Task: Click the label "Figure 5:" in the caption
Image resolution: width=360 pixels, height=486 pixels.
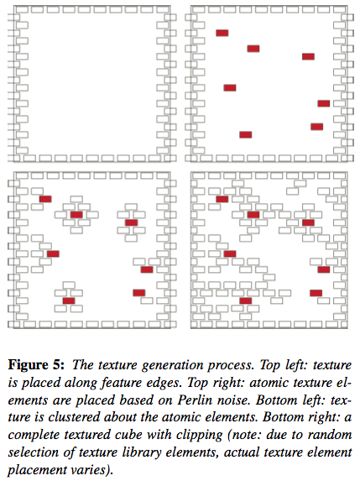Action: click(x=36, y=365)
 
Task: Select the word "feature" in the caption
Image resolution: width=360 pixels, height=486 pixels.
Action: click(x=122, y=383)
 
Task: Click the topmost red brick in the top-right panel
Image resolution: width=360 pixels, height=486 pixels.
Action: click(x=222, y=33)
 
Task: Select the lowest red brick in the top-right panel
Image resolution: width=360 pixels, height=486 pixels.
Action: click(x=245, y=134)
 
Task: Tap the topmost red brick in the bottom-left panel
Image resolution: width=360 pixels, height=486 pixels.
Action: click(x=45, y=199)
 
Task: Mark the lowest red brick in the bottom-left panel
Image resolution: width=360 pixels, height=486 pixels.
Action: click(x=69, y=300)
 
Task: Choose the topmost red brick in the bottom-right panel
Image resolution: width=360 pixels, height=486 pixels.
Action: click(x=222, y=199)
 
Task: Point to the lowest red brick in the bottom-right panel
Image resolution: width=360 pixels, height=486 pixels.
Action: click(x=245, y=300)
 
